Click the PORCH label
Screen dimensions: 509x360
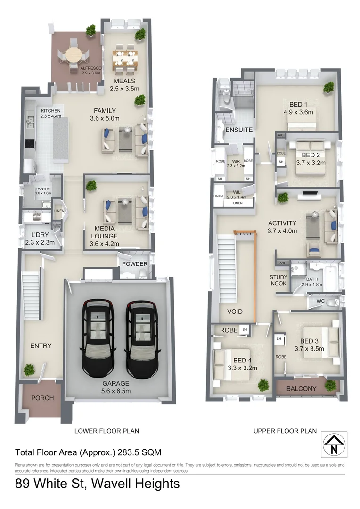[42, 398]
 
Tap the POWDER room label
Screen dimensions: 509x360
[135, 264]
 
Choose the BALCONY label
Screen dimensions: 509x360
[302, 388]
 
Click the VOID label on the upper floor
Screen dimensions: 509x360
[235, 312]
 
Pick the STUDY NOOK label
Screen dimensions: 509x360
[278, 280]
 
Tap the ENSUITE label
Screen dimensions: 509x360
[239, 130]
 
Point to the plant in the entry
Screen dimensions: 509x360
[30, 369]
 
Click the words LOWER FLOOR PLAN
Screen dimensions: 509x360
[107, 431]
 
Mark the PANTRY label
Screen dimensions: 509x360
[42, 189]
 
